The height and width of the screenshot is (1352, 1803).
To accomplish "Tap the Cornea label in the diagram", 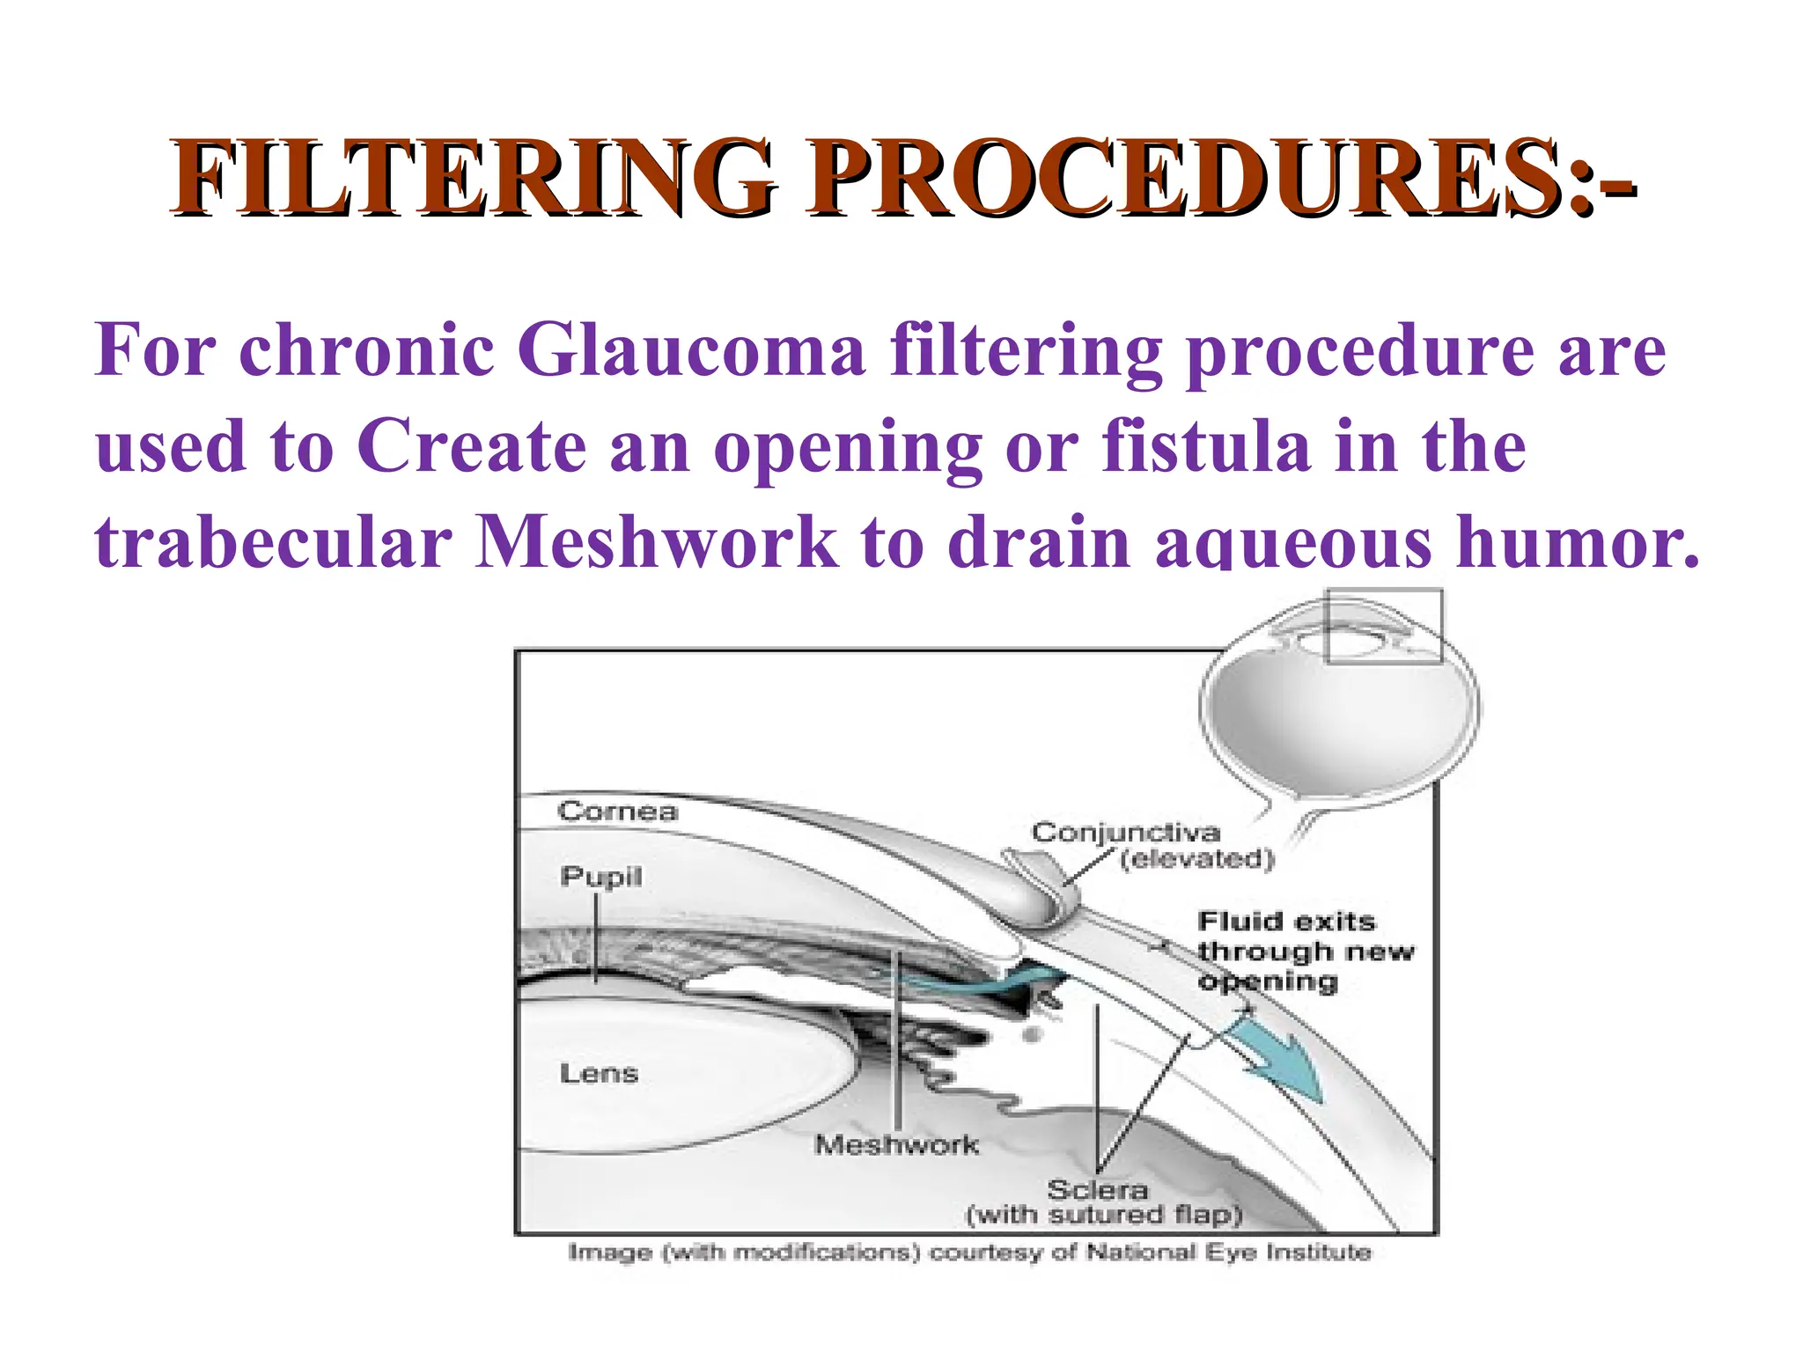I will point(617,812).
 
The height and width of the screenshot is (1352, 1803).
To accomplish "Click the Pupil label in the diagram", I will point(601,877).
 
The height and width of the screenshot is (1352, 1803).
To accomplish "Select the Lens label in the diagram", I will point(599,1073).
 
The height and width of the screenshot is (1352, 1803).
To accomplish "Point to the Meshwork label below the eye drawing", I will point(896,1145).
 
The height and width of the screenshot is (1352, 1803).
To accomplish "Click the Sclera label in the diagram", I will point(1097,1190).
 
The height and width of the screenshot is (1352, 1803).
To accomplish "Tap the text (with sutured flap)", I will point(1104,1216).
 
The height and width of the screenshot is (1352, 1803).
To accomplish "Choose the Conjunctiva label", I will point(1126,833).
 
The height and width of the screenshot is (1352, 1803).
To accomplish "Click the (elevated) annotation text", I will point(1196,859).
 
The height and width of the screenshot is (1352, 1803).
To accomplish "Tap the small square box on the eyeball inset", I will point(1383,626).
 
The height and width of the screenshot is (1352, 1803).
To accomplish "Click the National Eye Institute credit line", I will point(969,1253).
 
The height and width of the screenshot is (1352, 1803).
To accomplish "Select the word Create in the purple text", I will point(472,446).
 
